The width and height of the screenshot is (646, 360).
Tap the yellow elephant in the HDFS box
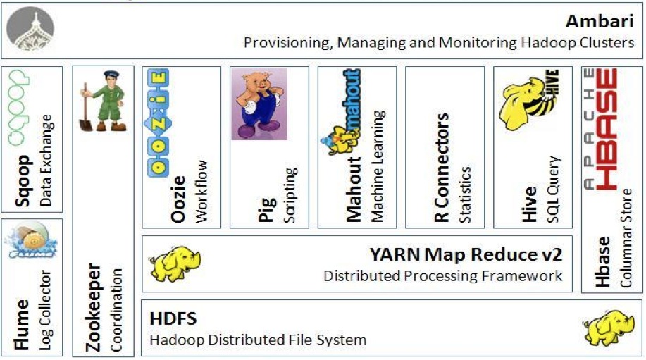[605, 327]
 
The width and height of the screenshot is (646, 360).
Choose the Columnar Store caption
[626, 247]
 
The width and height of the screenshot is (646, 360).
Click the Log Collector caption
[45, 311]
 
